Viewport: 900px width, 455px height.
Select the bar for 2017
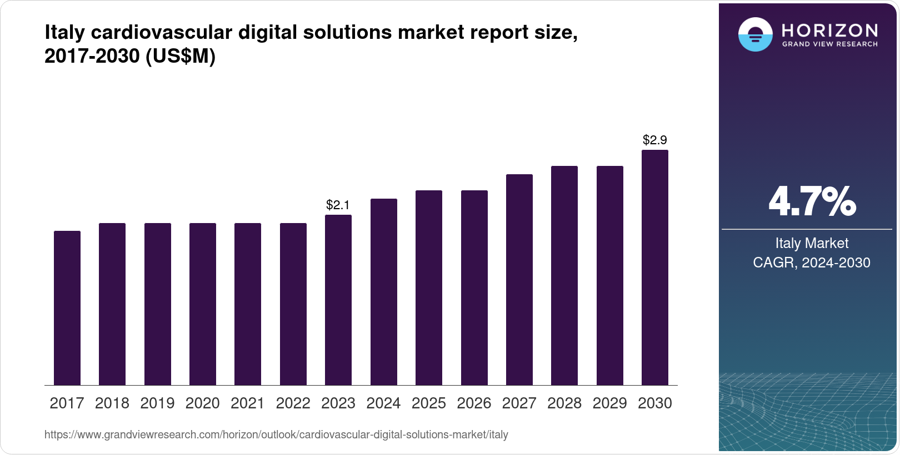tap(67, 308)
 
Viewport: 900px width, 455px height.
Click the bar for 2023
tap(338, 300)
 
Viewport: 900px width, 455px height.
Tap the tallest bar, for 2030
tap(655, 267)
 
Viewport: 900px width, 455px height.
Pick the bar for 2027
tap(519, 280)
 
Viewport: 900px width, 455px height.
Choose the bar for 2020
tap(203, 304)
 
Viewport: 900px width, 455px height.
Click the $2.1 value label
tap(338, 205)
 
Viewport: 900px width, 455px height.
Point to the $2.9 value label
tap(654, 140)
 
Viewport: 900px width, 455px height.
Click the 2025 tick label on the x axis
tap(429, 403)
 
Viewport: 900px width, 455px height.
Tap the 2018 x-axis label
tap(112, 403)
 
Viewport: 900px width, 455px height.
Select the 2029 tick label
tap(609, 403)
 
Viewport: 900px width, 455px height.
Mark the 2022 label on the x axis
tap(293, 403)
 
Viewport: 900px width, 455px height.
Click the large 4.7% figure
tap(812, 202)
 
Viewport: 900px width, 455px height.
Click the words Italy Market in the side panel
tap(812, 243)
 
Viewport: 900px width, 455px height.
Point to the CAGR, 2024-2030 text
tap(812, 262)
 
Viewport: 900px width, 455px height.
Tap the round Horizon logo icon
tap(755, 34)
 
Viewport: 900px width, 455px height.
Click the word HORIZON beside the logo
tap(829, 30)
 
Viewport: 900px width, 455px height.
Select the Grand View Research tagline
tap(829, 44)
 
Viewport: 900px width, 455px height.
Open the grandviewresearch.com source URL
tap(276, 435)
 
